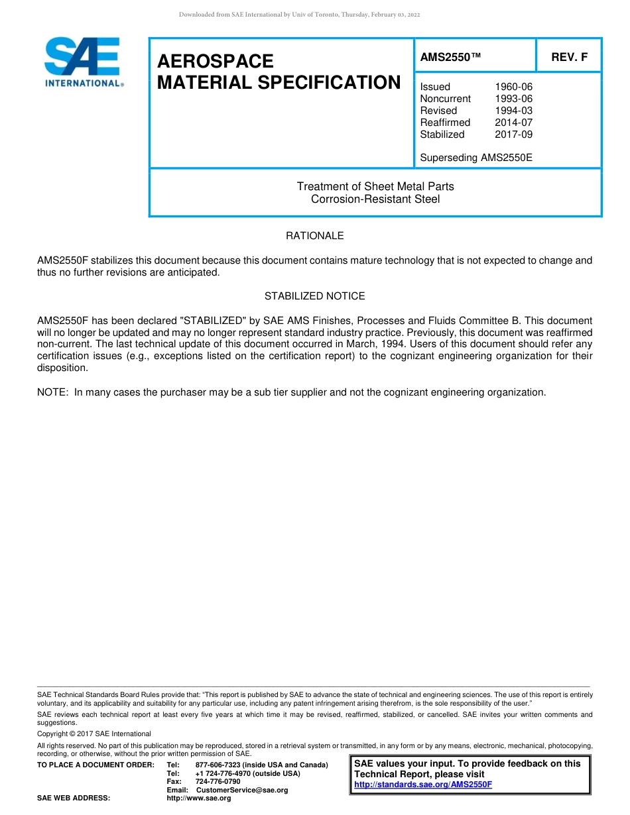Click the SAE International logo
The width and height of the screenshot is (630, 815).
83,62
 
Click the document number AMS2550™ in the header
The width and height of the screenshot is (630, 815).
450,57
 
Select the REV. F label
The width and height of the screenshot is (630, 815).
569,57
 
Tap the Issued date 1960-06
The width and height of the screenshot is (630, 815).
513,87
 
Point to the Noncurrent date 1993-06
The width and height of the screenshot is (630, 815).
513,99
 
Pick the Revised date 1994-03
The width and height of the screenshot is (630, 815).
513,111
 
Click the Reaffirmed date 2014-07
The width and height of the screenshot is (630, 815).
513,123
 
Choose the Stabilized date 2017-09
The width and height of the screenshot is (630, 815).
513,135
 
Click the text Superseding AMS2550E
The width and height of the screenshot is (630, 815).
476,158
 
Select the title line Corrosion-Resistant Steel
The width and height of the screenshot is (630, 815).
375,199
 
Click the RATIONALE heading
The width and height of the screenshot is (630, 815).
314,236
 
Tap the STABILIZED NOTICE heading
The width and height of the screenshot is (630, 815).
314,296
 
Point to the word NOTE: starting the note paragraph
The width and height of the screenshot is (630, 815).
53,392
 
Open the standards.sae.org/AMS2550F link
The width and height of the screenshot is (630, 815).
423,785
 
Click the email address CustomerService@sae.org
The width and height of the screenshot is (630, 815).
242,790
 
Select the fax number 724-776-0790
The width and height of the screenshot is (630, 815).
218,782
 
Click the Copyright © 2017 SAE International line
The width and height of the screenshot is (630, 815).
94,733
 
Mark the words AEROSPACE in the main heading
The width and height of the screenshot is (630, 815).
216,62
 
